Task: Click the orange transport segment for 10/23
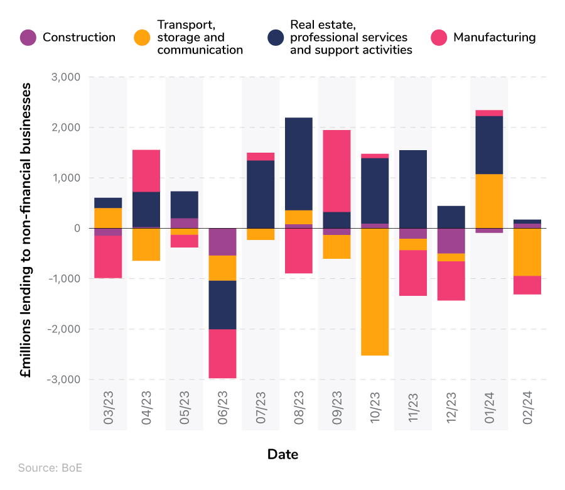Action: click(375, 291)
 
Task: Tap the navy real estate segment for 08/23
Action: click(299, 164)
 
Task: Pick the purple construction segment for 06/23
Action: click(223, 242)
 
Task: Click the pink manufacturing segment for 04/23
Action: click(146, 171)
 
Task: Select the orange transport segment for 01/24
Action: click(489, 201)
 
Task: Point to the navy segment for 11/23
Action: click(413, 189)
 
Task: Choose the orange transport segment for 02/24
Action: click(527, 252)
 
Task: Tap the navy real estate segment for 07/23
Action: click(261, 194)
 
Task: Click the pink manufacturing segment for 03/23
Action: click(108, 256)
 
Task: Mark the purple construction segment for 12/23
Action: click(451, 241)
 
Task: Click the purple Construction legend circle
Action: click(28, 38)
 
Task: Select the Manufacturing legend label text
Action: click(494, 38)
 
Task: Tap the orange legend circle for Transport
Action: click(143, 38)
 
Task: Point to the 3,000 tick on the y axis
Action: click(65, 77)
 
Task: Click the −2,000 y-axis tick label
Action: click(63, 329)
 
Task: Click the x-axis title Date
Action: click(282, 454)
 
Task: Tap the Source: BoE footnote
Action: click(50, 468)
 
